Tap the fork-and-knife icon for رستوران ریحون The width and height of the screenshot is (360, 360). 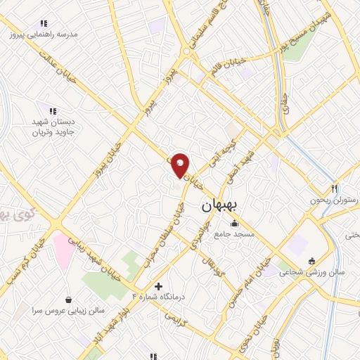pos(335,188)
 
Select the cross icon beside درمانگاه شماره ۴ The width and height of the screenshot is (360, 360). pos(158,286)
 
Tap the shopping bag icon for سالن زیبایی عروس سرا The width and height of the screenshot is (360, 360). pos(67,300)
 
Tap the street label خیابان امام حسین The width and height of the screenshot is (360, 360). pos(247,283)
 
